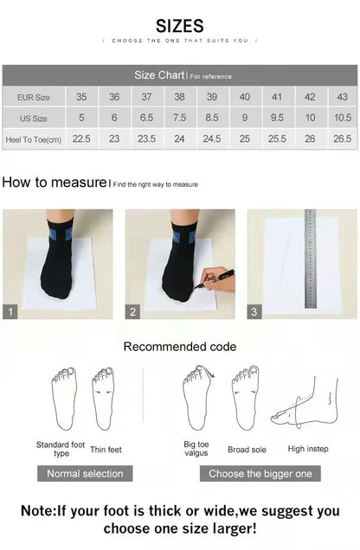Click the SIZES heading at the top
coord(180,26)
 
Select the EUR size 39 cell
coord(212,97)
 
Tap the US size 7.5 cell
coord(179,118)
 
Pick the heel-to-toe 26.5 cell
coord(342,138)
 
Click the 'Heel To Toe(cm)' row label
coord(34,138)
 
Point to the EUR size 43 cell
coord(342,97)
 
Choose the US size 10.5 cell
coord(342,118)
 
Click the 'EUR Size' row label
coord(34,97)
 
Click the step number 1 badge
coord(10,311)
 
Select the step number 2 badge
coord(133,311)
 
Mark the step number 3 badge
coord(254,311)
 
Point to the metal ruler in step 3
coord(310,259)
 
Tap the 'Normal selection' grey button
coord(85,473)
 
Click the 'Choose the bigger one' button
coord(260,473)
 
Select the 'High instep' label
coord(308,449)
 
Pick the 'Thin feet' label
coord(106,450)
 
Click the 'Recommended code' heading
coord(179,347)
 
